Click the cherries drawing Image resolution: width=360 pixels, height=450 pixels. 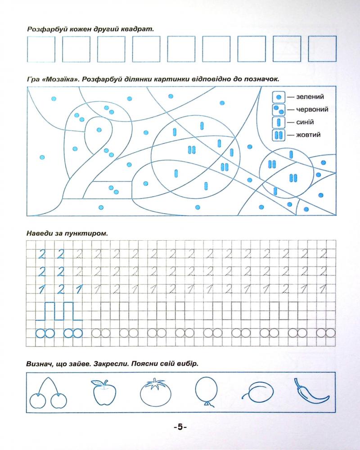pyautogui.click(x=48, y=393)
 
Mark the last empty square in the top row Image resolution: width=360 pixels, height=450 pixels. pyautogui.click(x=322, y=49)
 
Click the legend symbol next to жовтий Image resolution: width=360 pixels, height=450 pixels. pyautogui.click(x=279, y=135)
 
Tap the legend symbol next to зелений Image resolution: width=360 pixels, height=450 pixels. pyautogui.click(x=279, y=97)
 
